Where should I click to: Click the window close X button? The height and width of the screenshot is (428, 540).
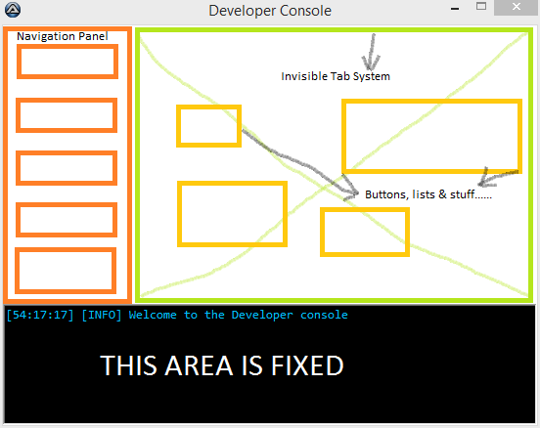(x=517, y=7)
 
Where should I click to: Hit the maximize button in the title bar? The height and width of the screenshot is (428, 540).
(x=481, y=6)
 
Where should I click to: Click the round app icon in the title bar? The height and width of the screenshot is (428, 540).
(x=13, y=10)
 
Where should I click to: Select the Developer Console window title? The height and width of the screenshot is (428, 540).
(x=270, y=11)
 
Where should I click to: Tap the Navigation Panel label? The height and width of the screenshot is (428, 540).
(x=63, y=36)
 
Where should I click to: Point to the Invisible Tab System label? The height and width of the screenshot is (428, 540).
(x=336, y=76)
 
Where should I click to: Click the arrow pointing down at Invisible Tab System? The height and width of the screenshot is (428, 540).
(x=372, y=52)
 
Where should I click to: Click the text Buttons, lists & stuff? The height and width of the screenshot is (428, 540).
(x=428, y=194)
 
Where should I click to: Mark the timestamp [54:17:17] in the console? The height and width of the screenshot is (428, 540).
(x=40, y=315)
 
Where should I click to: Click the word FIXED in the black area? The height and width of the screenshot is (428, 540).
(x=307, y=365)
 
